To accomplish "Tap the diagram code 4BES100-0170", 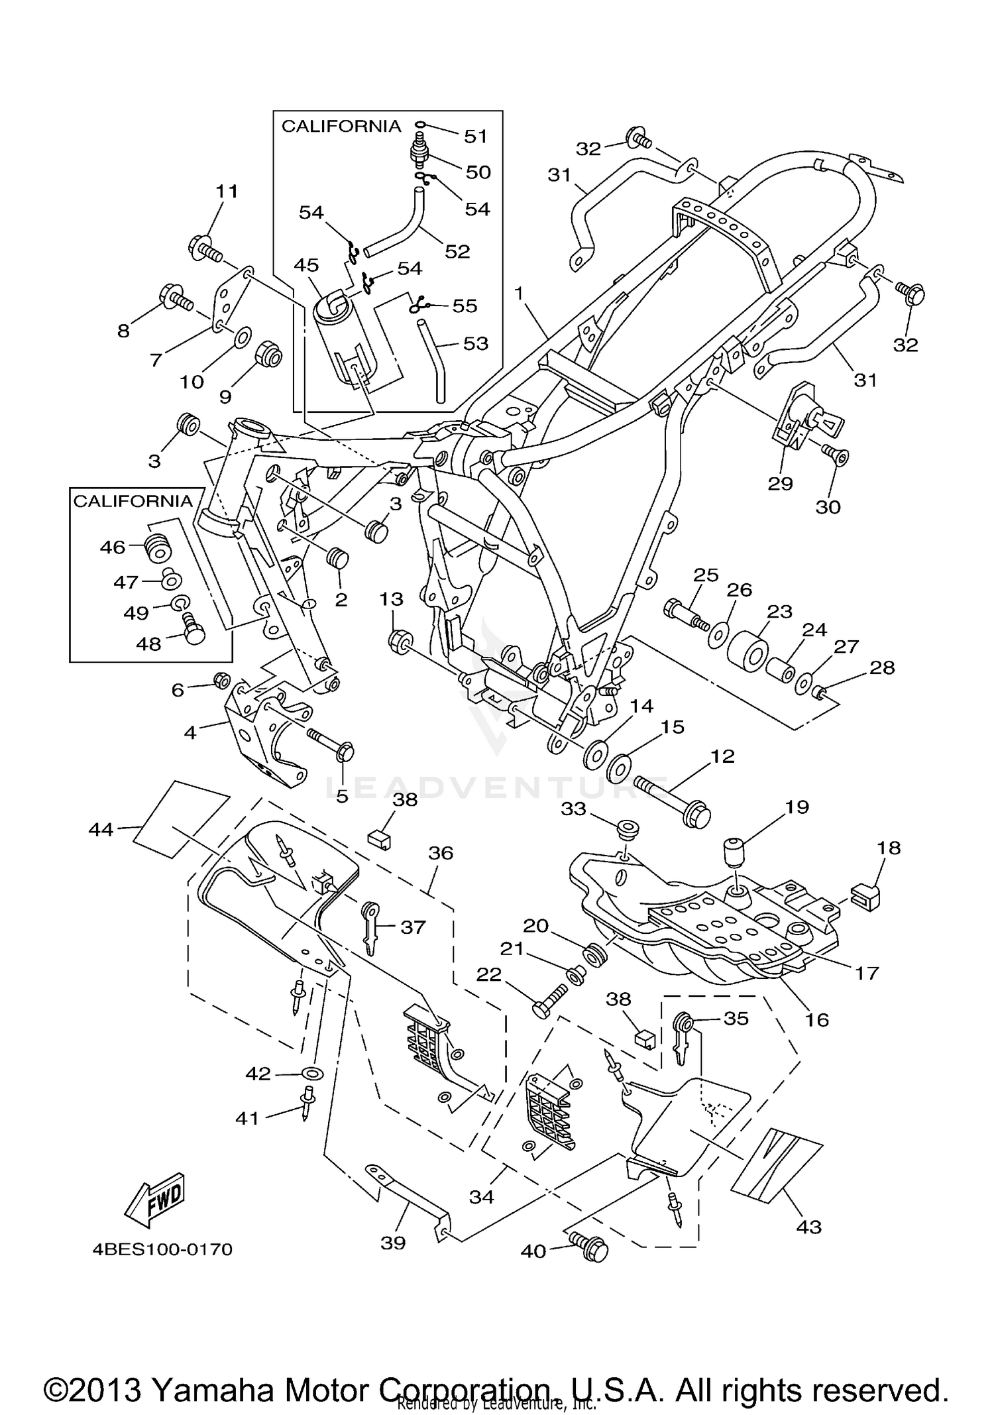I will pos(162,1250).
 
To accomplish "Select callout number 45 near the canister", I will pos(306,265).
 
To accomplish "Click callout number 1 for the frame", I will pos(519,292).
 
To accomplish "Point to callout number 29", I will pos(780,483).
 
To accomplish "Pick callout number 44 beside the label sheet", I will pos(101,828).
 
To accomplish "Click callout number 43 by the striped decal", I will pos(808,1227).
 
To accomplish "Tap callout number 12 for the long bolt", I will pos(722,756).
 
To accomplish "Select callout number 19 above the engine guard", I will pos(797,807).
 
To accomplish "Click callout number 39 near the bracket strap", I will pos(393,1243).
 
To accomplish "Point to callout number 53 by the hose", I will pos(476,343).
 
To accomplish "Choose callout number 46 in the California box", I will pos(113,547).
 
